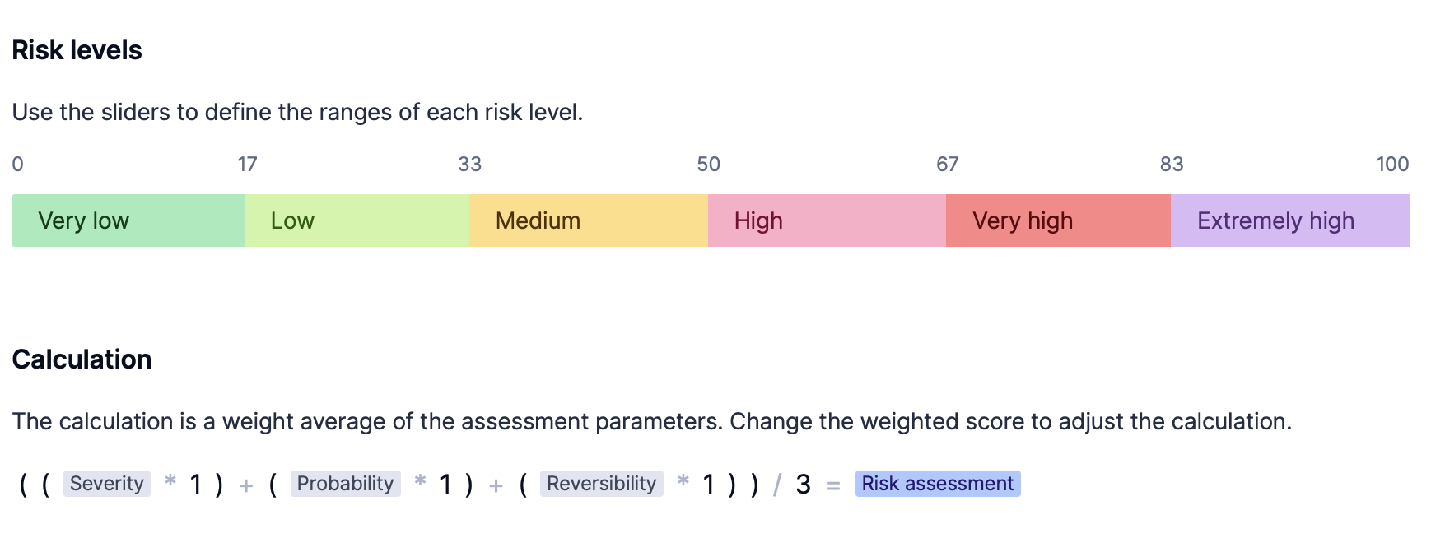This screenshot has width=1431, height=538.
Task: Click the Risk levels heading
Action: click(x=77, y=50)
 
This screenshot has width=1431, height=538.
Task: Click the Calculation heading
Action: click(x=82, y=359)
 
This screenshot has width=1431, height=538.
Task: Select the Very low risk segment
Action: click(x=128, y=220)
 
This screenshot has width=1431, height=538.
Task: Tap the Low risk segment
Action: click(x=357, y=220)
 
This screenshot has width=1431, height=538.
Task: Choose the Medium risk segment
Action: click(x=589, y=220)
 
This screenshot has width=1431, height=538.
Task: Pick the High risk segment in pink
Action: click(x=827, y=220)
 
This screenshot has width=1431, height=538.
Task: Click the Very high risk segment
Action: click(x=1058, y=220)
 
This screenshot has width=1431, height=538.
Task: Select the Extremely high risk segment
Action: click(x=1290, y=220)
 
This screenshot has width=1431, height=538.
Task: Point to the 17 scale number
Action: click(x=247, y=165)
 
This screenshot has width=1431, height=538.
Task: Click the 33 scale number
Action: click(x=469, y=165)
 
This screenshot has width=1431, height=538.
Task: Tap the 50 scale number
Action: click(x=708, y=165)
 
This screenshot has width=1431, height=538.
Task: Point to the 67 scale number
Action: click(x=947, y=165)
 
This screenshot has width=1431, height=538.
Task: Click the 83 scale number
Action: click(x=1171, y=165)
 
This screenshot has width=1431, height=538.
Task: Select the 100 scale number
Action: click(x=1392, y=165)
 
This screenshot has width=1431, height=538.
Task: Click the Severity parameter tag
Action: click(x=107, y=484)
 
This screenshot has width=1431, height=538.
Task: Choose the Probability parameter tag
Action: click(x=345, y=484)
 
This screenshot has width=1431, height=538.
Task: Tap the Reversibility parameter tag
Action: click(x=601, y=484)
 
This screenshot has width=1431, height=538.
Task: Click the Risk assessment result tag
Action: click(x=938, y=484)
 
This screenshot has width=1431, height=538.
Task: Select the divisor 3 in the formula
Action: click(x=804, y=485)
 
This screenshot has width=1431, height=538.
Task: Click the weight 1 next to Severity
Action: click(x=195, y=485)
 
